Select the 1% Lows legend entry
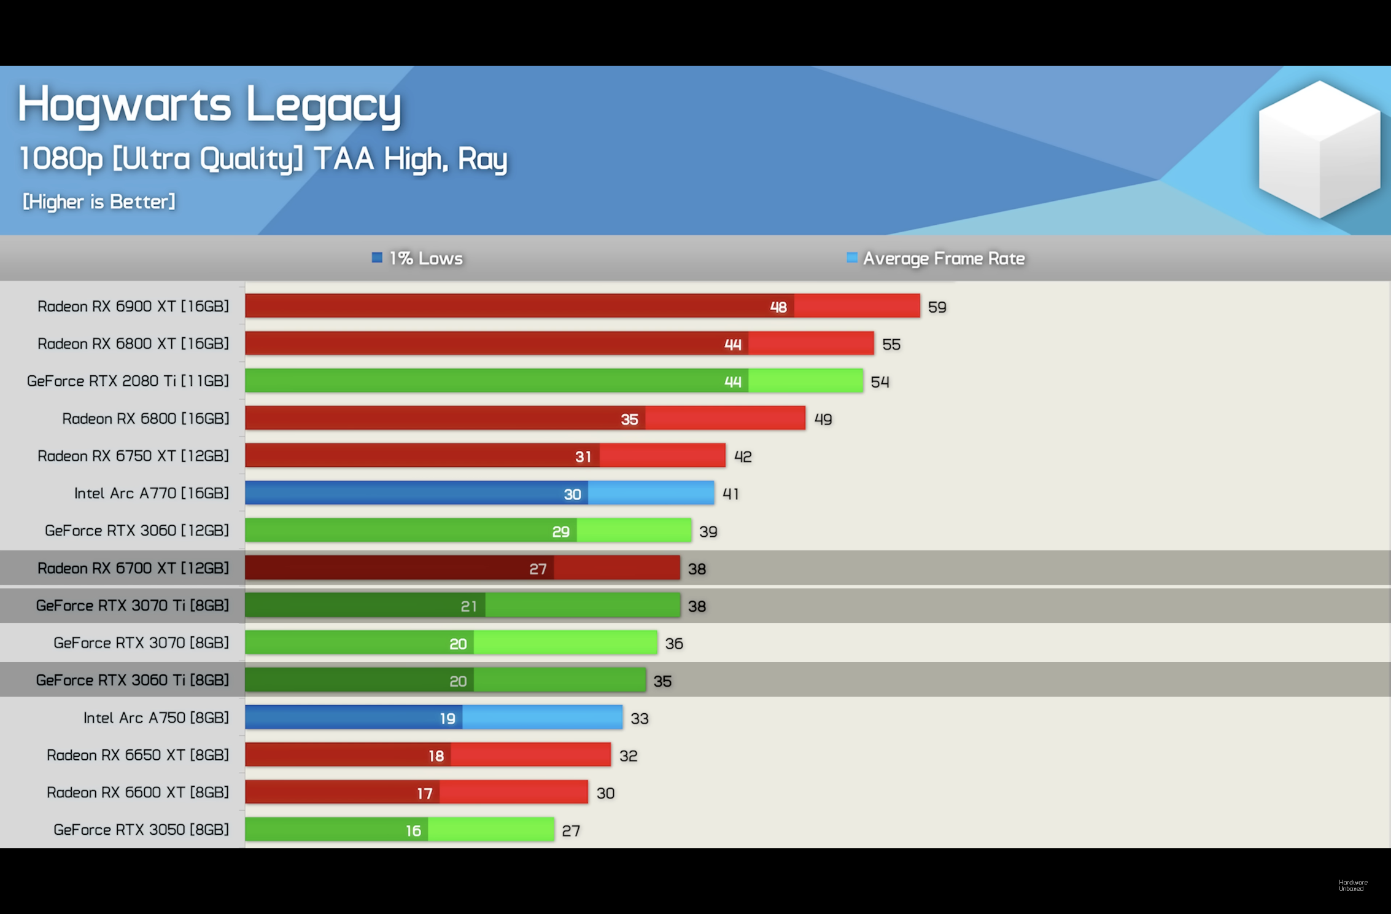[x=417, y=258]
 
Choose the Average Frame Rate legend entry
[x=936, y=258]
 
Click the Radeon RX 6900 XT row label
[x=133, y=306]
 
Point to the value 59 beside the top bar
[x=937, y=307]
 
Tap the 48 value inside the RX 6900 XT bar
[x=778, y=307]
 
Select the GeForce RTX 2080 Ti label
[x=128, y=381]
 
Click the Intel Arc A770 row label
[x=151, y=493]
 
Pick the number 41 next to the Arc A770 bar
[x=730, y=494]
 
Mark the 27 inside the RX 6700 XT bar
[x=538, y=569]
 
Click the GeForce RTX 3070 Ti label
[x=132, y=606]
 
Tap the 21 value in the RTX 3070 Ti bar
[x=468, y=606]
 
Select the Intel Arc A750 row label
[x=156, y=717]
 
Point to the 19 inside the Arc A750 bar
[x=448, y=718]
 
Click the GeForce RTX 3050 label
[x=141, y=830]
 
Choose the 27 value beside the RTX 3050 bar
[x=571, y=830]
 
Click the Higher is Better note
[x=99, y=201]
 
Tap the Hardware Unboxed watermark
[x=1353, y=885]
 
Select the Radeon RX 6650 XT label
[x=138, y=755]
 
